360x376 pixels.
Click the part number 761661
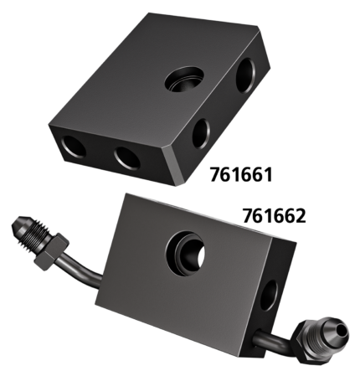pyautogui.click(x=241, y=174)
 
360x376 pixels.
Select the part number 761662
pyautogui.click(x=274, y=216)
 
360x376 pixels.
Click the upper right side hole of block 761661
pyautogui.click(x=245, y=75)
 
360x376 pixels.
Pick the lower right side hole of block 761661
pyautogui.click(x=201, y=133)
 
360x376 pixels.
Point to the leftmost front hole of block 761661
pyautogui.click(x=74, y=147)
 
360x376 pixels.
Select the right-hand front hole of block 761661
pyautogui.click(x=127, y=157)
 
